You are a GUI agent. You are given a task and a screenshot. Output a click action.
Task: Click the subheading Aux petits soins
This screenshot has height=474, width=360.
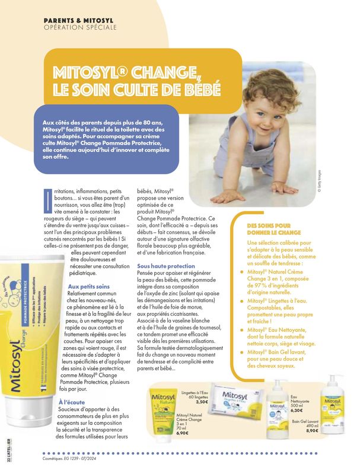88,287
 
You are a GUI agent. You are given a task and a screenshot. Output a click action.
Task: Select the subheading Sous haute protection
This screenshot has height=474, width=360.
165,267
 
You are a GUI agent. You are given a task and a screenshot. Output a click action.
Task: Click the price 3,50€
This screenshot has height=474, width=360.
202,402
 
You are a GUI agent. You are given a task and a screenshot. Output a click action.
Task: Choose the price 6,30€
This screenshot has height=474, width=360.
298,409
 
